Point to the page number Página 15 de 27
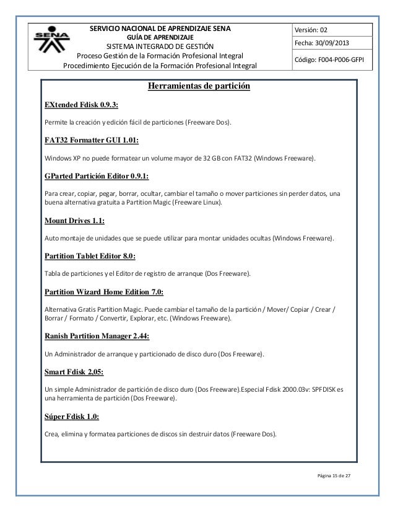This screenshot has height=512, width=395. tap(338, 475)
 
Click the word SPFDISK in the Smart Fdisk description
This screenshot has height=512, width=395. tap(321, 389)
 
